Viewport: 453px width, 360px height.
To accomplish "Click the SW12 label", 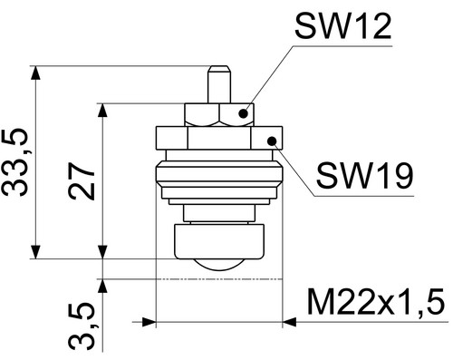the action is pyautogui.click(x=343, y=26).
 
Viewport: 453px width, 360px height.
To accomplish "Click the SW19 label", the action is pyautogui.click(x=364, y=176).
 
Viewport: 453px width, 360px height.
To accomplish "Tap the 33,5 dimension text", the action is pyautogui.click(x=15, y=162).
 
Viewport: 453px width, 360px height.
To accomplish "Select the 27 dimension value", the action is pyautogui.click(x=82, y=181).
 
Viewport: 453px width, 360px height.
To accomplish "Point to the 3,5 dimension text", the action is pyautogui.click(x=82, y=326).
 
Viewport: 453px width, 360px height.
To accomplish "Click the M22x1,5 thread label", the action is pyautogui.click(x=376, y=302).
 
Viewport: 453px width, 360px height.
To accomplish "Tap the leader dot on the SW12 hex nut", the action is pyautogui.click(x=243, y=113).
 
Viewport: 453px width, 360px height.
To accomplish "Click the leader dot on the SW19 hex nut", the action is pyautogui.click(x=272, y=141).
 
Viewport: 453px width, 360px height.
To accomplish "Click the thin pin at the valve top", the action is pyautogui.click(x=219, y=84).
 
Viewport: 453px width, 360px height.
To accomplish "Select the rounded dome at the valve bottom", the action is pyautogui.click(x=219, y=265).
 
